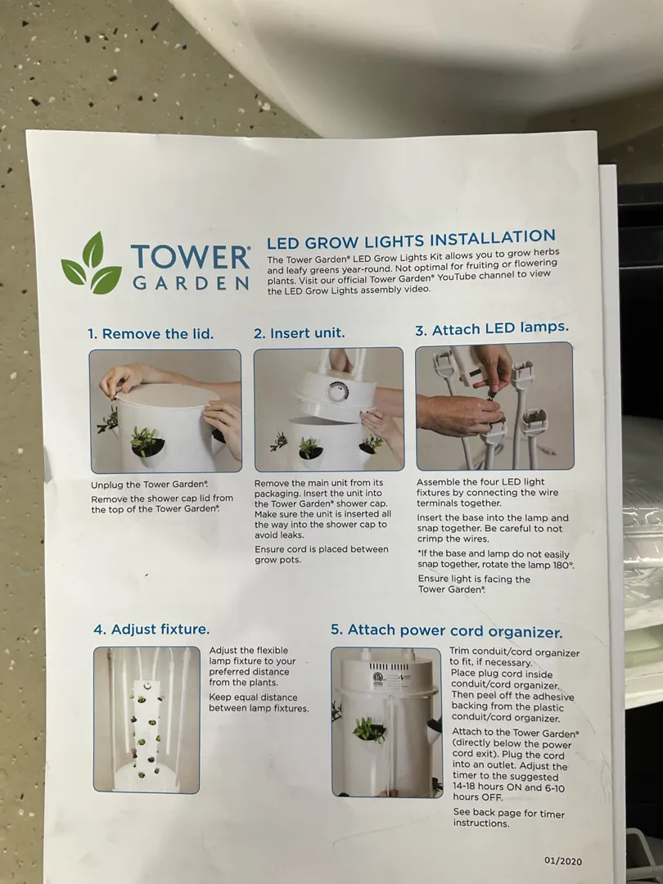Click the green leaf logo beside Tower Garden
tap(92, 264)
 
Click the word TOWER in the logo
tap(191, 258)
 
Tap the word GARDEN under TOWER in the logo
tap(191, 283)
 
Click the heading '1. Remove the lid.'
tap(151, 334)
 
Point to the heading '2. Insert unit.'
tap(299, 333)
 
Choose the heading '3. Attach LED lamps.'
tap(492, 329)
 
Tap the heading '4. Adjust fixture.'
tap(151, 629)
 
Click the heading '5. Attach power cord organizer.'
tap(447, 631)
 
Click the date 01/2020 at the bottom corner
tap(563, 861)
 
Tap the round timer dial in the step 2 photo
tap(338, 392)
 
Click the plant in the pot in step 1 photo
tap(146, 440)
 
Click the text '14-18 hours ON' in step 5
tap(488, 787)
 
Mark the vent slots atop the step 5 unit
tap(389, 666)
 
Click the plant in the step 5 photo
tap(368, 729)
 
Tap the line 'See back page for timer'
tap(508, 813)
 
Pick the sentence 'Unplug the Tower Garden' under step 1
tap(150, 485)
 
